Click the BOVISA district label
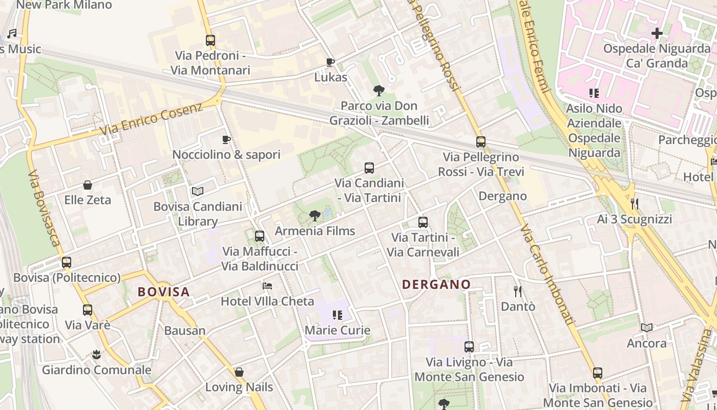(164, 292)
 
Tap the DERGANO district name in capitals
(436, 284)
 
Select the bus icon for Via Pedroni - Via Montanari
(210, 40)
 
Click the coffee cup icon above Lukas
(330, 63)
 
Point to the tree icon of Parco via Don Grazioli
(379, 91)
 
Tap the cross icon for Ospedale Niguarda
(657, 34)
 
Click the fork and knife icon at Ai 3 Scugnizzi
(635, 203)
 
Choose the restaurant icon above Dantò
(518, 292)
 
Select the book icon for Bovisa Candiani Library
(198, 192)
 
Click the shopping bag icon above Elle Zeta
(88, 184)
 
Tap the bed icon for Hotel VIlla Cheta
(267, 285)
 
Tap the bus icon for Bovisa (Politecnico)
(67, 262)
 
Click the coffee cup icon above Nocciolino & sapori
(226, 139)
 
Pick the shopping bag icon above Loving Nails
(239, 372)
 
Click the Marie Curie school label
(338, 330)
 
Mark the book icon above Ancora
(647, 327)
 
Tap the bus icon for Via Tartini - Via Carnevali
(423, 222)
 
